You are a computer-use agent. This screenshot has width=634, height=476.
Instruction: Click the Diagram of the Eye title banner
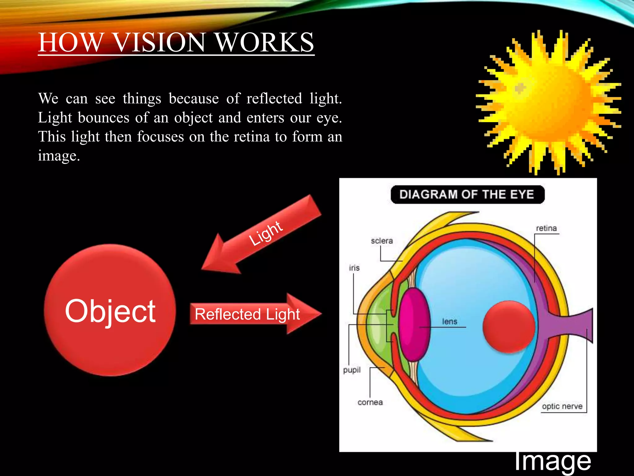467,195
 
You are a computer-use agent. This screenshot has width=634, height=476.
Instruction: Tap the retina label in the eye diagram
546,228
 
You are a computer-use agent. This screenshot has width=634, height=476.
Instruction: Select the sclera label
382,241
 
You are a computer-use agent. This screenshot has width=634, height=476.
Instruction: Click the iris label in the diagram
354,268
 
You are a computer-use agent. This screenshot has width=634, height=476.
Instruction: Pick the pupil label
352,370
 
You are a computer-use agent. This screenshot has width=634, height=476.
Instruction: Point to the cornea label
370,402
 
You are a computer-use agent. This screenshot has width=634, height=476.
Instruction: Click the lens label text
449,321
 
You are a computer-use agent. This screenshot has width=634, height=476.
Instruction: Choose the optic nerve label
562,406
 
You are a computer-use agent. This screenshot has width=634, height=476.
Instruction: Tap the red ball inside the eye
509,327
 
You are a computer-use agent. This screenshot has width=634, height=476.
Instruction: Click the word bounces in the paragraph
103,118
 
